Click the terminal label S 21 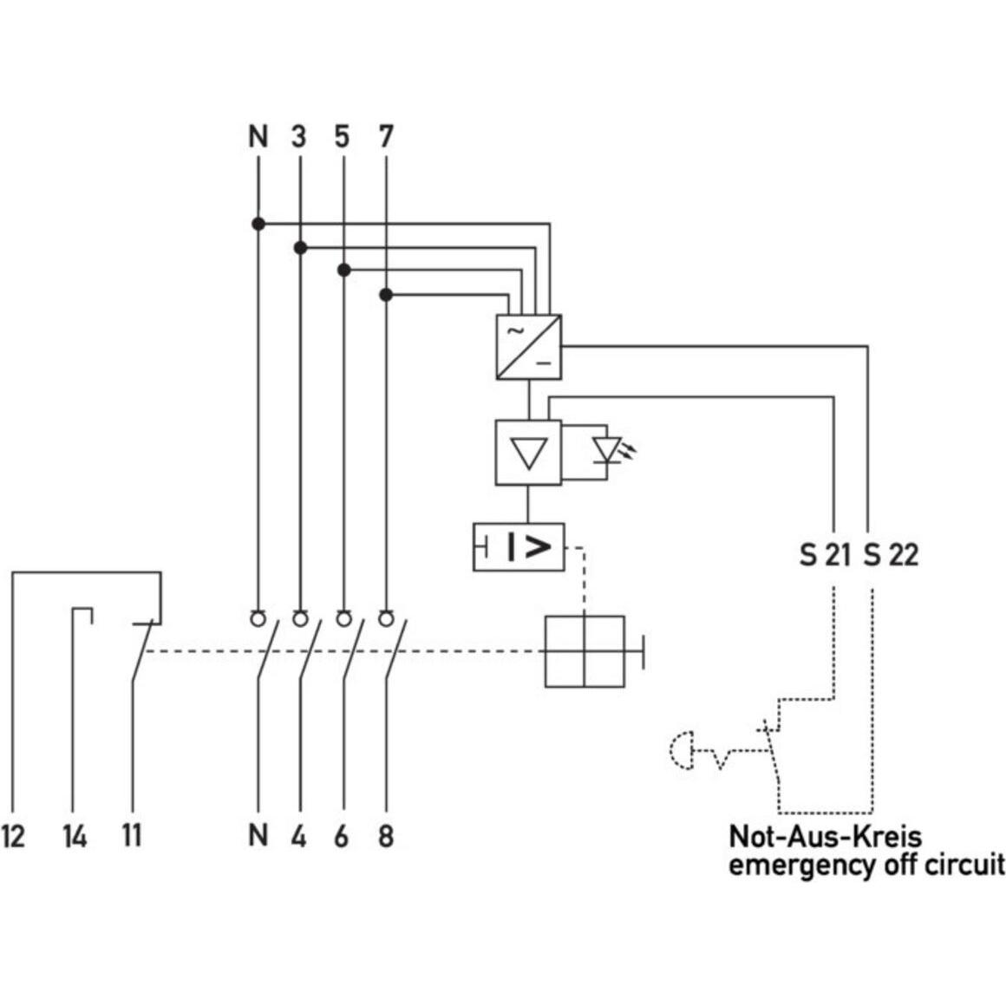(x=825, y=554)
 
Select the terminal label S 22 (x=891, y=554)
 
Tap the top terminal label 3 (x=299, y=136)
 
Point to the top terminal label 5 (x=343, y=136)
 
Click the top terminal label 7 (x=386, y=136)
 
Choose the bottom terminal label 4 (x=299, y=836)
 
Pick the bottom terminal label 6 (x=342, y=836)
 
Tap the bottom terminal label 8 (x=386, y=836)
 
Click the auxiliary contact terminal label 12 (x=14, y=837)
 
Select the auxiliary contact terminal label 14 (x=75, y=837)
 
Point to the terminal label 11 (x=131, y=836)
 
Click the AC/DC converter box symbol (x=528, y=347)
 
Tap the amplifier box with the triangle (x=528, y=452)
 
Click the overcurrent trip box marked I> (x=519, y=547)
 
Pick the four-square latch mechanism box (x=585, y=651)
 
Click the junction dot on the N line (x=258, y=224)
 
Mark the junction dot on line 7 (x=387, y=296)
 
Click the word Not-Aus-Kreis (x=825, y=837)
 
